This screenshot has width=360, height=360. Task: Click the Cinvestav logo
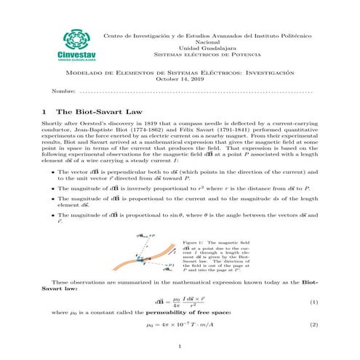pyautogui.click(x=70, y=44)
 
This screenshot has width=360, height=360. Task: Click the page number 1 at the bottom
pyautogui.click(x=180, y=346)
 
